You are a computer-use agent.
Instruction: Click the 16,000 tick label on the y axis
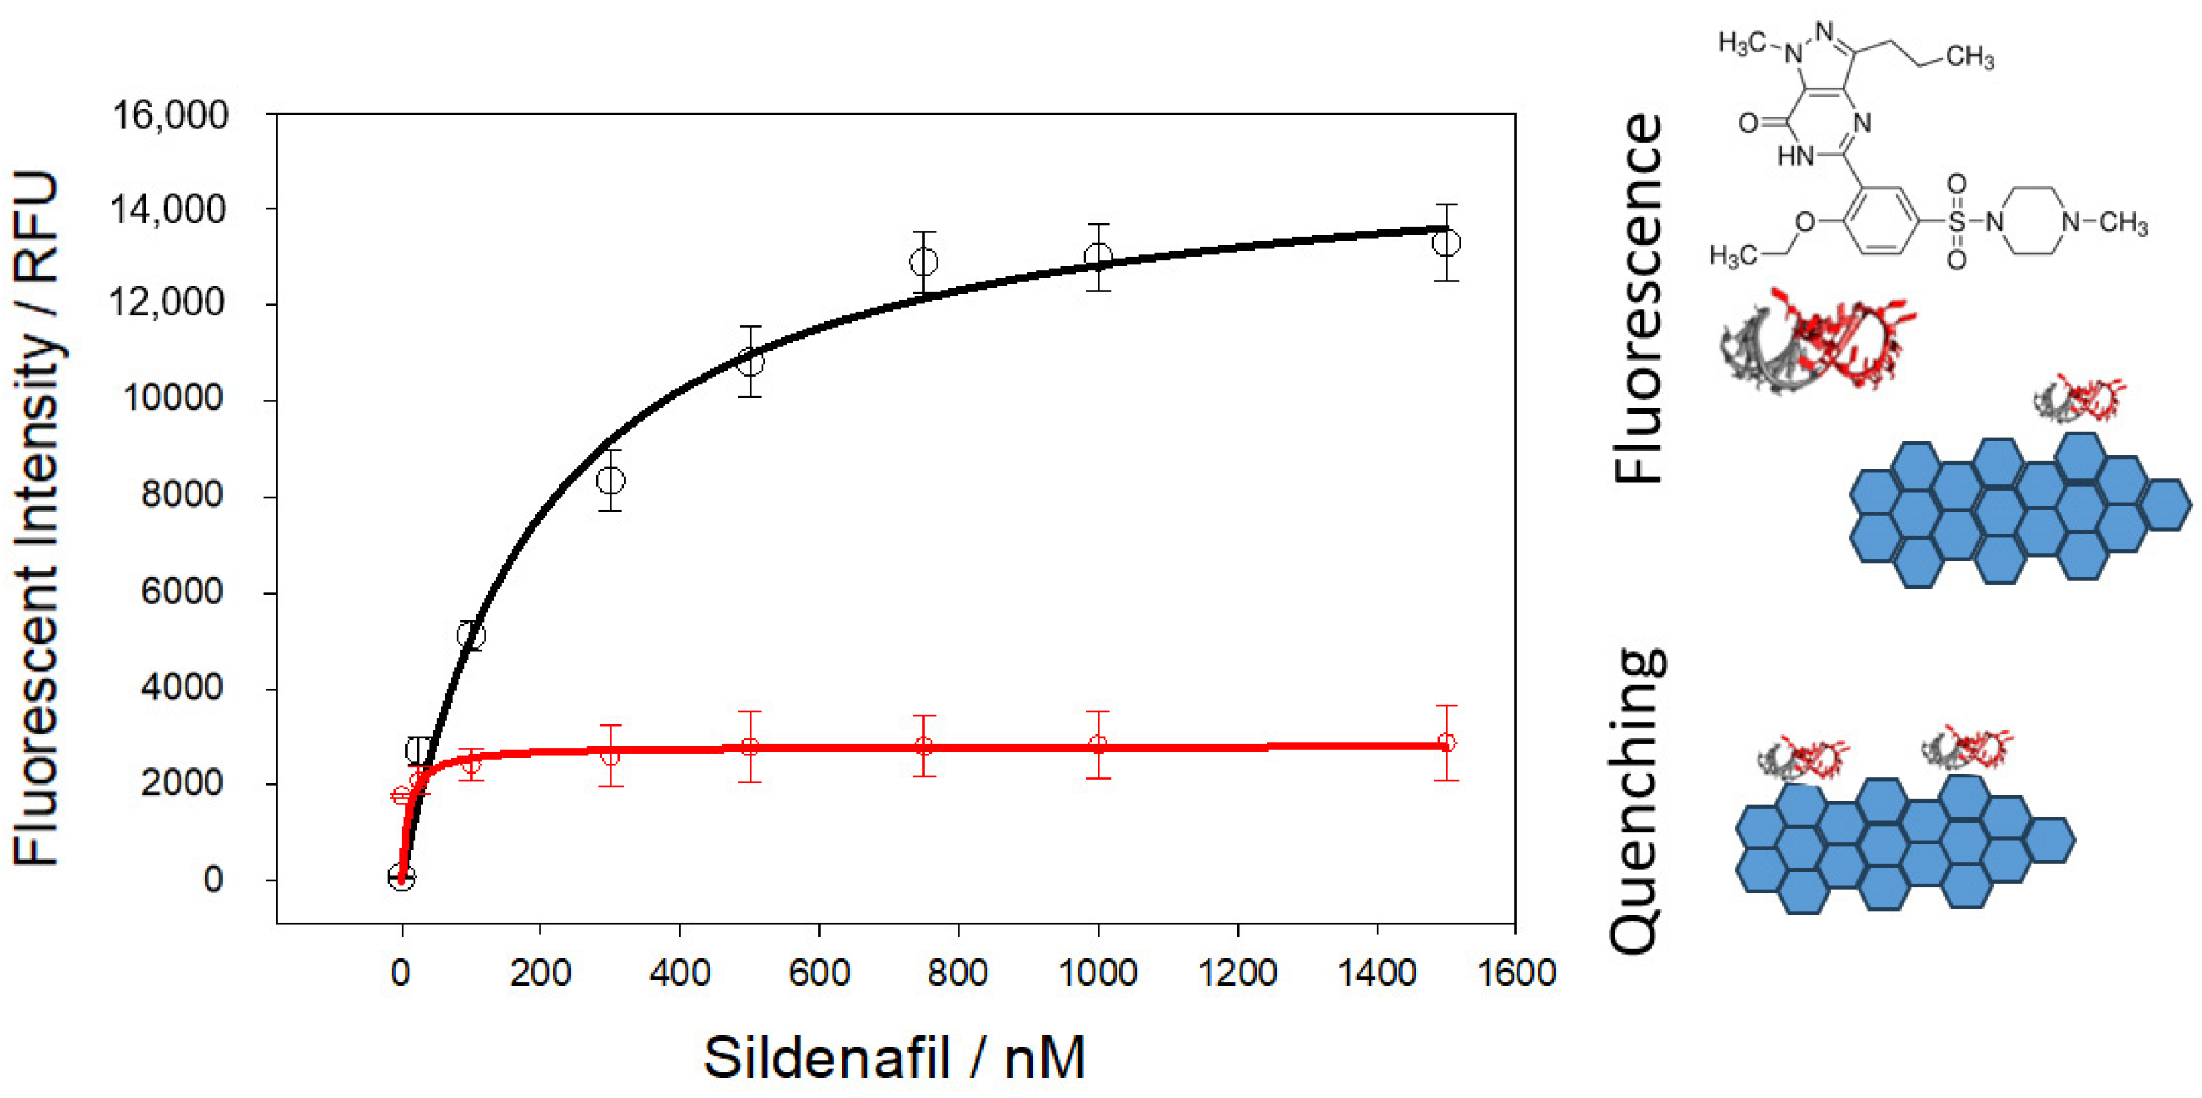[x=170, y=115]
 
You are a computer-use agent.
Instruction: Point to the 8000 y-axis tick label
[x=181, y=495]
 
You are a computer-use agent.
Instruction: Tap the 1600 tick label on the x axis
[x=1516, y=973]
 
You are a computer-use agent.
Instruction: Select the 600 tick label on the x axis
[x=819, y=973]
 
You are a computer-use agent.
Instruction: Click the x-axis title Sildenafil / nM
[x=894, y=1058]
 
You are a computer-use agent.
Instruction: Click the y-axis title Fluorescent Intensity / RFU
[x=36, y=517]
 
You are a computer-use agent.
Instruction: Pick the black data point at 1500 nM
[x=1446, y=243]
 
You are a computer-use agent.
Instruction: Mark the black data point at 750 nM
[x=923, y=261]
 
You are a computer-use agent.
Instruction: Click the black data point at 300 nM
[x=611, y=480]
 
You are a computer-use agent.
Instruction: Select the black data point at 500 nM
[x=750, y=361]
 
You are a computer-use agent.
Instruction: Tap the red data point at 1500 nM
[x=1446, y=743]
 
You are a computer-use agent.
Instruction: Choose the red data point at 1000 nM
[x=1098, y=745]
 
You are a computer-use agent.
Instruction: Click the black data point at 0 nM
[x=402, y=878]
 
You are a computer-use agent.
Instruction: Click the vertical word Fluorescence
[x=1637, y=299]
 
